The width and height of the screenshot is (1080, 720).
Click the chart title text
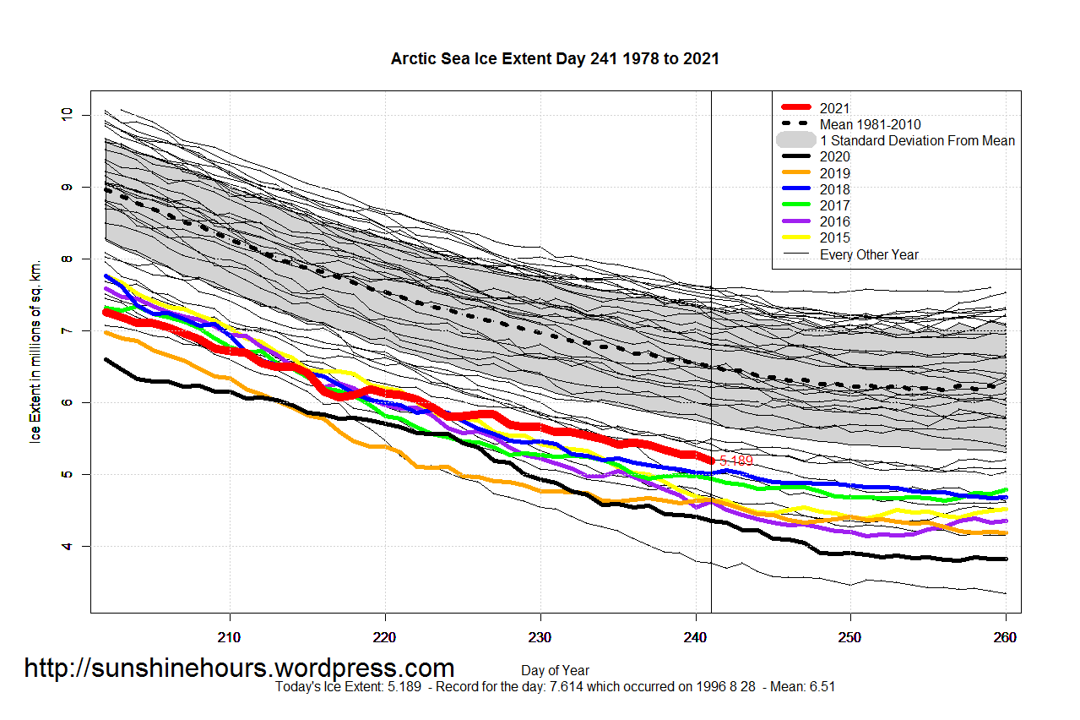[555, 59]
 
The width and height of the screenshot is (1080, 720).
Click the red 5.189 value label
[735, 461]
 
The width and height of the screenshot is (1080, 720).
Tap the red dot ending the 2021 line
[711, 461]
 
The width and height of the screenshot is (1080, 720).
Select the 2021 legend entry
[834, 108]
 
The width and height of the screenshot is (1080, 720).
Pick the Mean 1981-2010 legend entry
[870, 124]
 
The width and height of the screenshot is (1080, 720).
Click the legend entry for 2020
[834, 157]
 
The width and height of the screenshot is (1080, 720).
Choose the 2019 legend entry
[834, 173]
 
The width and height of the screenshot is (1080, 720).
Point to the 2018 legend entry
[834, 189]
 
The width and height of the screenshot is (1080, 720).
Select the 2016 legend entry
[834, 221]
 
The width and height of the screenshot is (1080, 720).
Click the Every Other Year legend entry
[868, 254]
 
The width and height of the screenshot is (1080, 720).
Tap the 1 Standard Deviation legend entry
[916, 140]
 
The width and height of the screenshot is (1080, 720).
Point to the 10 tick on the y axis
[68, 114]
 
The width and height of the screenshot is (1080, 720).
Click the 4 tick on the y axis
[68, 547]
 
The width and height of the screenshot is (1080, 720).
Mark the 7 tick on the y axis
[68, 330]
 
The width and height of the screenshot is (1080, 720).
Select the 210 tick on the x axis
[230, 636]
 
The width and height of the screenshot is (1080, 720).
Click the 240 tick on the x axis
[695, 636]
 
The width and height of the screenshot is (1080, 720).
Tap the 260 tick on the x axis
[1005, 636]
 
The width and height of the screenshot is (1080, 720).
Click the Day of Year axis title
[555, 671]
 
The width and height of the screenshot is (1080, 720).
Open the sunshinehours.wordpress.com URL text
[239, 668]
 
